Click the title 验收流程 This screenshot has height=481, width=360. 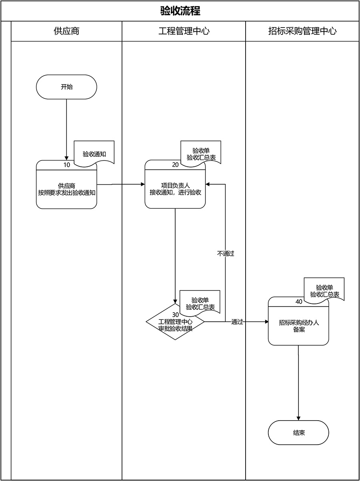180,11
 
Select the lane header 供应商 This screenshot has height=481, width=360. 66,31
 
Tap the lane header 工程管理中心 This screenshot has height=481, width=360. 184,31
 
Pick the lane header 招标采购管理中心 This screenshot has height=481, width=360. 302,31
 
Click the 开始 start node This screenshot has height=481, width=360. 66,87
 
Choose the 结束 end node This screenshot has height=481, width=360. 298,433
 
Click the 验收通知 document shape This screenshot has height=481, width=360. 94,152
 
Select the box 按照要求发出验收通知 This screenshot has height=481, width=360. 66,189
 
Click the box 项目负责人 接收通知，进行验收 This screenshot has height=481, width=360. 175,189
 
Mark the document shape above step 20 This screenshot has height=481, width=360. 201,152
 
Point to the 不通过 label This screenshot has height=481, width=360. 226,253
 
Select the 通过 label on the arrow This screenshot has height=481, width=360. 237,322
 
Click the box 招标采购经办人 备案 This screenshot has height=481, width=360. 298,326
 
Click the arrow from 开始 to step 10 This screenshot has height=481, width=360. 66,128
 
